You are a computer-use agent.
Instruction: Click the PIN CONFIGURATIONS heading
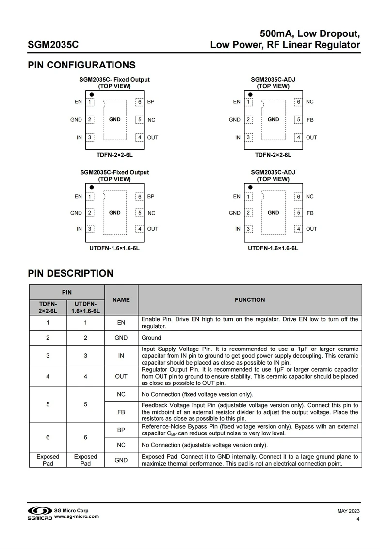tap(81, 65)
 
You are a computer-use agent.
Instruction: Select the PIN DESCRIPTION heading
tap(70, 273)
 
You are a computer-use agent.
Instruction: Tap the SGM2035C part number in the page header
tap(53, 45)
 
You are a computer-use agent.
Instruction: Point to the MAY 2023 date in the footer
tap(348, 511)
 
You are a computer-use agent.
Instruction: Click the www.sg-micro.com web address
tap(77, 516)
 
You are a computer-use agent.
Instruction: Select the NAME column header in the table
tap(121, 300)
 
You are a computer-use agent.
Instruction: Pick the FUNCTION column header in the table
tap(250, 300)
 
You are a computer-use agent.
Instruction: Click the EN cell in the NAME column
tap(121, 323)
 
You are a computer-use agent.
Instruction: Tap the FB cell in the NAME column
tap(121, 412)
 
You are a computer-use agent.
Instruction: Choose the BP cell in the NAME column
tap(121, 430)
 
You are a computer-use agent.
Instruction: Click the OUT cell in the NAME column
tap(121, 376)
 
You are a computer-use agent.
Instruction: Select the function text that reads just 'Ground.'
tap(152, 338)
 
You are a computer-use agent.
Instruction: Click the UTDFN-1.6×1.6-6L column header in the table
tap(85, 308)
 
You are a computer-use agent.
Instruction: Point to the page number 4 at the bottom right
tap(357, 520)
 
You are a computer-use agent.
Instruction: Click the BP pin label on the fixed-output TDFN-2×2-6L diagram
tap(151, 102)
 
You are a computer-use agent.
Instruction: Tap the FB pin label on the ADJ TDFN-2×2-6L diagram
tap(310, 120)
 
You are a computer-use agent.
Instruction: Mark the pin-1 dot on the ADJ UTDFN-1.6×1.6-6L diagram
tap(250, 187)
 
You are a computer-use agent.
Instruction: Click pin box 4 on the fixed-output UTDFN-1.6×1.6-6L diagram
tap(140, 229)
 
